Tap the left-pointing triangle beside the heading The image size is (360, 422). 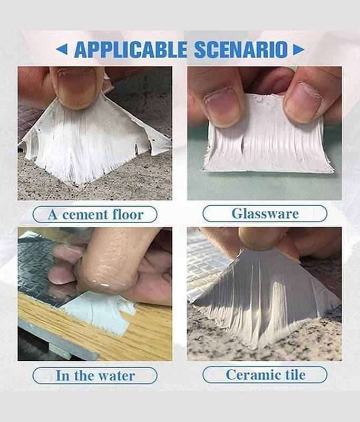pyautogui.click(x=62, y=50)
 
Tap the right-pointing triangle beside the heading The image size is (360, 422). pyautogui.click(x=299, y=50)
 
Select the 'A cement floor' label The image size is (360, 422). pyautogui.click(x=95, y=215)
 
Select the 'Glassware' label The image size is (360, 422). pyautogui.click(x=265, y=214)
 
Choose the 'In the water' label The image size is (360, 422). pyautogui.click(x=95, y=376)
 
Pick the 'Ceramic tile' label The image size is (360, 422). pyautogui.click(x=265, y=375)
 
